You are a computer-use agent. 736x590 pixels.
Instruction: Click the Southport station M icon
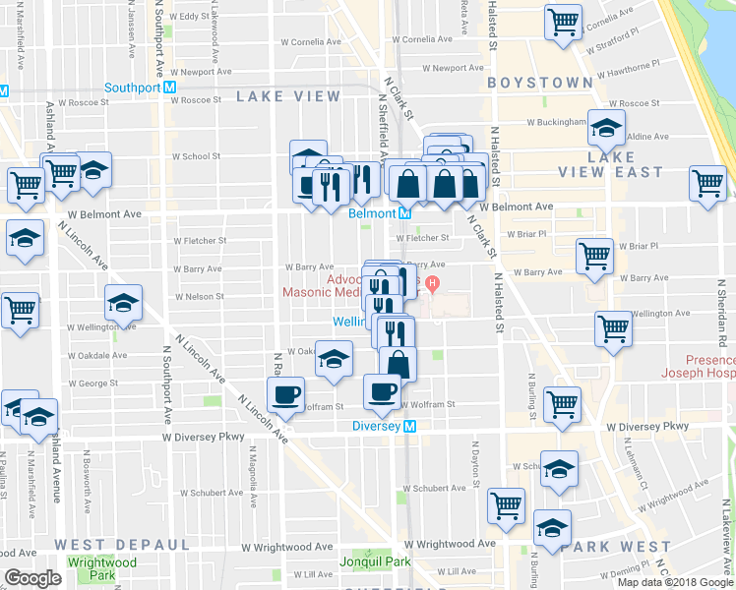pos(171,86)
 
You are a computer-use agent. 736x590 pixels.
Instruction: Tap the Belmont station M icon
pos(404,212)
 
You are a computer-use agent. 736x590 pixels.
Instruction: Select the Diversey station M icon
pos(411,426)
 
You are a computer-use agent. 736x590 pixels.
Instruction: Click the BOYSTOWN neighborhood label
pos(539,83)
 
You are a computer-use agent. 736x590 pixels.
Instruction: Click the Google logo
pos(33,578)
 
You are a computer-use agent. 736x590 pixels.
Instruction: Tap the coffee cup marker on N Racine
pos(285,395)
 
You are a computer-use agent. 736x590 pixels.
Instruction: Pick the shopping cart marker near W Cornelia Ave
pos(562,21)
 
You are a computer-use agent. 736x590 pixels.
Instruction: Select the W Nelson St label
pos(199,296)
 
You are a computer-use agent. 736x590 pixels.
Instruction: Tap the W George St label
pos(92,383)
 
